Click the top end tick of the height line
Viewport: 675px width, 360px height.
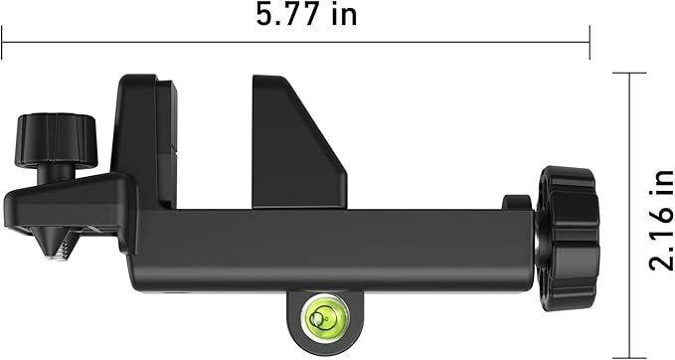[x=628, y=73]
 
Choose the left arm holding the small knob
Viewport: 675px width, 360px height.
[x=70, y=204]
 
